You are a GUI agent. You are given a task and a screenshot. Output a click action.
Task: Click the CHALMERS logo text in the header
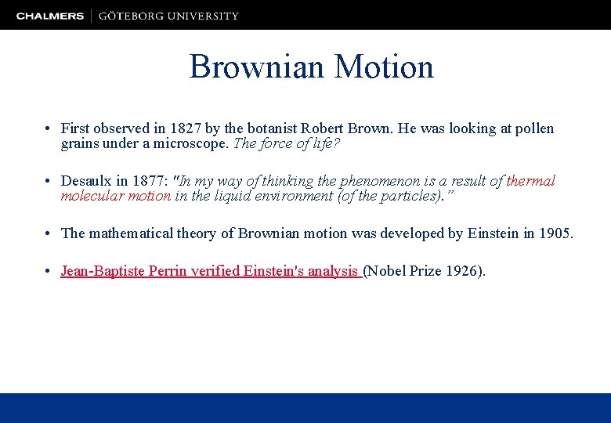coord(50,16)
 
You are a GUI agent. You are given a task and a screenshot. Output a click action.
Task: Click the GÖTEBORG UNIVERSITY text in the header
coord(168,16)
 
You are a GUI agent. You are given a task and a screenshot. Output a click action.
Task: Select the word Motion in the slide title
coord(384,67)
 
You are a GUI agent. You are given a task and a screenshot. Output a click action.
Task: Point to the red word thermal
coord(530,181)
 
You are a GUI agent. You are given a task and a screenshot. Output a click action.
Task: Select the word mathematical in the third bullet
coord(129,233)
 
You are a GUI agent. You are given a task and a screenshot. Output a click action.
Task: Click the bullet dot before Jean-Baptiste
coord(49,272)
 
